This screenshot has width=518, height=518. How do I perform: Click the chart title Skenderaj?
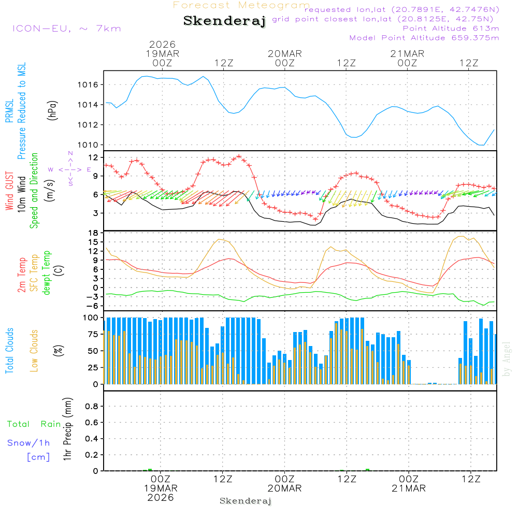click(224, 21)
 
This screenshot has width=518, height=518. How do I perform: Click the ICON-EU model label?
click(66, 28)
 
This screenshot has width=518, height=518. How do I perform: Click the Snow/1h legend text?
click(28, 443)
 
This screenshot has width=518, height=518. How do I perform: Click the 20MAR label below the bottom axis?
click(285, 488)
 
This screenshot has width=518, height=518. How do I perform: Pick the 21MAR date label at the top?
click(408, 54)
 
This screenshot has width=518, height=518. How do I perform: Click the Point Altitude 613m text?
click(451, 28)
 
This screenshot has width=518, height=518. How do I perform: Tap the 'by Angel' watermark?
click(507, 359)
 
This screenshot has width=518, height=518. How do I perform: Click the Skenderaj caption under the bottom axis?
click(246, 501)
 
